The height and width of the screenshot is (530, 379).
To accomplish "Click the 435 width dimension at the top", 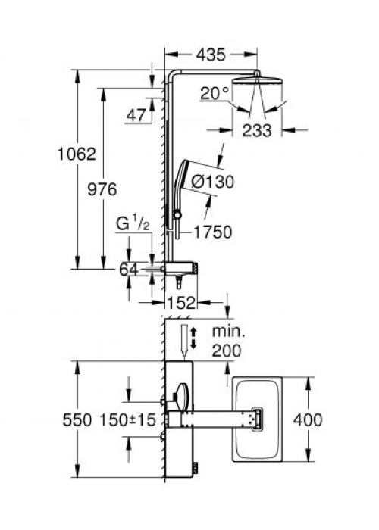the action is (211, 55).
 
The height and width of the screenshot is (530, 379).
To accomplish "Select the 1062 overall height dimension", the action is (77, 154).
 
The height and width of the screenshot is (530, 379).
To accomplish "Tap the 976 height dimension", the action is (102, 189).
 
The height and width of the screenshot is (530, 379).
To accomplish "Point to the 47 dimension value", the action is (136, 115).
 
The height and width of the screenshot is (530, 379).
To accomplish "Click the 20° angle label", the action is (215, 93).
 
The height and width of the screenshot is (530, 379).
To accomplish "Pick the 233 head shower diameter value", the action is (257, 131).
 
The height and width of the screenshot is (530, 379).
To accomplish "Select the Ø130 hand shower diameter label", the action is (212, 182).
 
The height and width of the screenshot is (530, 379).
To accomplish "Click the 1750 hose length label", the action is (213, 232).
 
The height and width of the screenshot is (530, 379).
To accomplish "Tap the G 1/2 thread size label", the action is (133, 224).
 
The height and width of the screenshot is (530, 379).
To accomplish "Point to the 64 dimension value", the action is (129, 270).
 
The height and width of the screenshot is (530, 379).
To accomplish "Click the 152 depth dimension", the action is (181, 303).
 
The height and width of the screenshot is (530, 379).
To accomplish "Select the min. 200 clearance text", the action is (227, 341).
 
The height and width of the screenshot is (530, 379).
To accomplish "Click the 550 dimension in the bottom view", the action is (77, 420).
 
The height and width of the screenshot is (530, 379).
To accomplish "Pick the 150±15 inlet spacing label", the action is (127, 420).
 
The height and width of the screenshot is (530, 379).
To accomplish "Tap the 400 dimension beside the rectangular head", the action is (308, 420).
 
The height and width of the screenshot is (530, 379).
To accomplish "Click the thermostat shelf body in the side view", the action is (181, 268).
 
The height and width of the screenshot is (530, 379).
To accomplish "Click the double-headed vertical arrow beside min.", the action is (193, 338).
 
